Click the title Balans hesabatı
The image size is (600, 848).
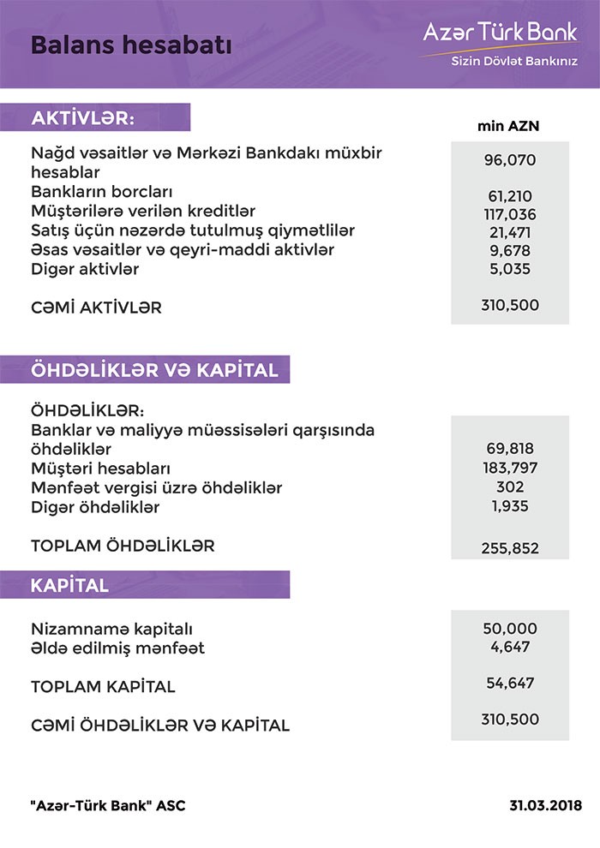click(131, 45)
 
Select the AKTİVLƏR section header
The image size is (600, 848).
click(83, 117)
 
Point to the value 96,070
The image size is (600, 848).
click(510, 159)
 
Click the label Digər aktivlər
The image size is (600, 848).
click(85, 269)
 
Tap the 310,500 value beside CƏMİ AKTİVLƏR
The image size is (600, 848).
click(510, 305)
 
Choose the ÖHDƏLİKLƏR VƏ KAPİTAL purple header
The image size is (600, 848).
click(154, 371)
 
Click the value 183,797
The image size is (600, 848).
click(510, 469)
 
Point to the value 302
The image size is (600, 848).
click(510, 487)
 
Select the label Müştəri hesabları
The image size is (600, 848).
click(100, 469)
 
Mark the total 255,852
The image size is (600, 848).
click(510, 548)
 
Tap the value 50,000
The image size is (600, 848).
click(510, 629)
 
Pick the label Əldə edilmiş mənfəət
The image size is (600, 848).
click(117, 648)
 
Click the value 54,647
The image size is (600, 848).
click(510, 683)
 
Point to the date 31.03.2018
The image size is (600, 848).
click(544, 806)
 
